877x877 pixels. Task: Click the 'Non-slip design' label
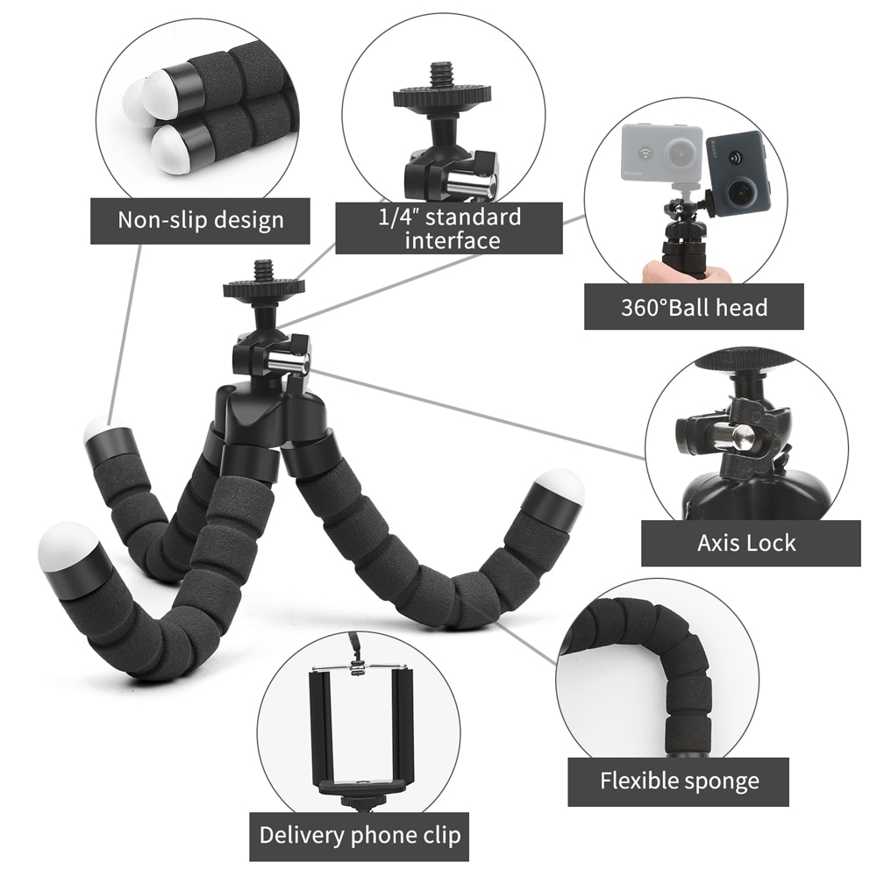pos(201,219)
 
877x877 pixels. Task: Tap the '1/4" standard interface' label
pos(449,228)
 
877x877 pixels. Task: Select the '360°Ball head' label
pos(694,307)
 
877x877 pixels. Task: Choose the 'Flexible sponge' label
pos(679,781)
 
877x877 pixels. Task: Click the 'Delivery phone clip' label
pos(359,834)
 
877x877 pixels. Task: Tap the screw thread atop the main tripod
pos(263,269)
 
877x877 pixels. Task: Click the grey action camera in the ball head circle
pos(661,154)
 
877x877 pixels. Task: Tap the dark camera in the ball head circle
pos(738,173)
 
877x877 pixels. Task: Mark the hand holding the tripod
pos(684,273)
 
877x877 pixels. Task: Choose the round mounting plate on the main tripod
pos(263,288)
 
